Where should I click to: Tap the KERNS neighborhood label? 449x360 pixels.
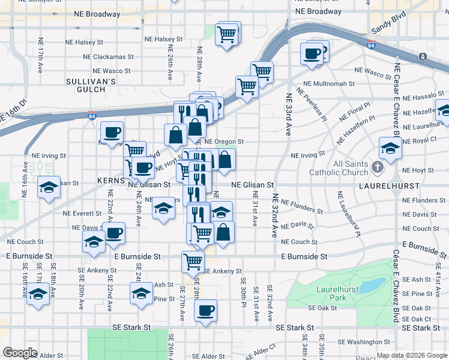tap(109, 180)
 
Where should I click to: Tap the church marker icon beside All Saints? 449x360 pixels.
tap(377, 166)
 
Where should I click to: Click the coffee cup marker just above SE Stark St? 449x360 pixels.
tap(205, 310)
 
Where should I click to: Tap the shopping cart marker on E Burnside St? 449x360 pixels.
tap(193, 261)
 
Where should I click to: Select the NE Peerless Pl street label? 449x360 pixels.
tap(315, 106)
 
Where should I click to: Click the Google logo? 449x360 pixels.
tap(20, 352)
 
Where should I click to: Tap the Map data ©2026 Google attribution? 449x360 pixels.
tap(411, 355)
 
